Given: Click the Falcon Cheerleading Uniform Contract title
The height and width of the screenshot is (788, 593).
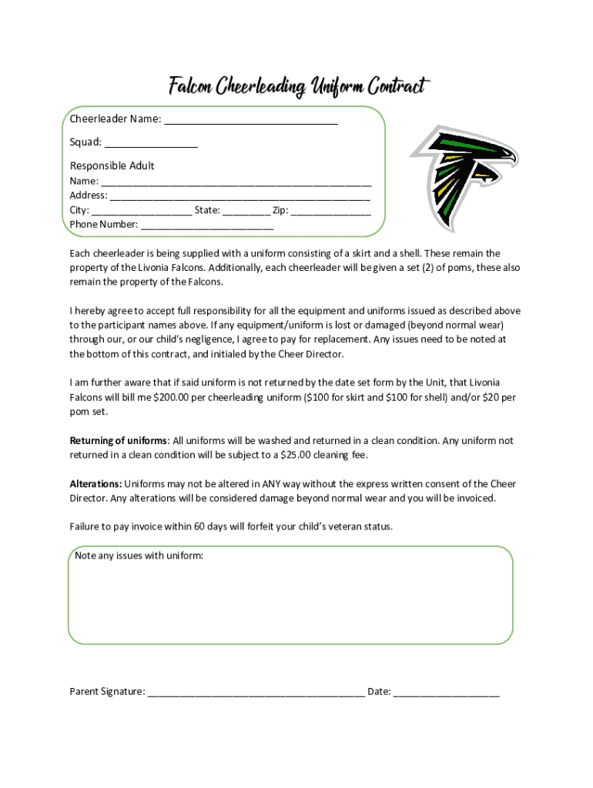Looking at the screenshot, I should click(296, 86).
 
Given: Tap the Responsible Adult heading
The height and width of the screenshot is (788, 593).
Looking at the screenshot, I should click(112, 165).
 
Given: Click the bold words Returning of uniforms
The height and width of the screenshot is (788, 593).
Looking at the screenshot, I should click(119, 441).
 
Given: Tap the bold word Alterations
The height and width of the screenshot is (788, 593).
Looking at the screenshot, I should click(95, 484).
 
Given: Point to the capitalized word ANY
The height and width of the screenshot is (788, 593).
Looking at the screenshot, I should click(270, 484).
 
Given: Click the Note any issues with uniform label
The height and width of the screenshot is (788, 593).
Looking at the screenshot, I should click(139, 556).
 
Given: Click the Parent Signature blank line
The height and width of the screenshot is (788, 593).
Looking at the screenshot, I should click(256, 693).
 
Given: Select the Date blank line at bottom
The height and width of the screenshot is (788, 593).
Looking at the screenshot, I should click(446, 693).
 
